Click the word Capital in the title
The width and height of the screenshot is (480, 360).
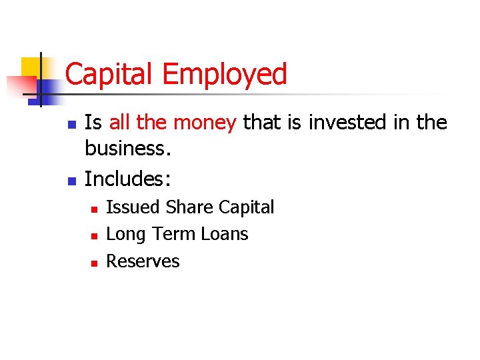(109, 74)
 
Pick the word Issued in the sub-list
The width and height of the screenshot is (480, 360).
(133, 207)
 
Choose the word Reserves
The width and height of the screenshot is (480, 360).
(143, 261)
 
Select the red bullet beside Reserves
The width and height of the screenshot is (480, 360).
(94, 263)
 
